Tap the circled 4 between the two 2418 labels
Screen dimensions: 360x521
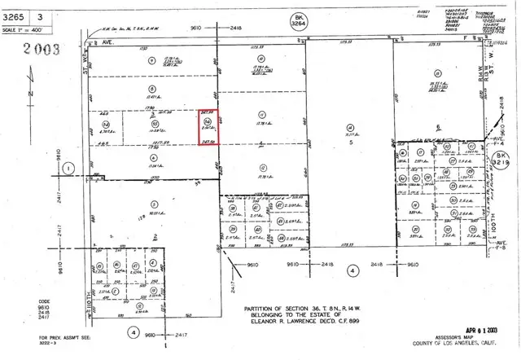352,270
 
